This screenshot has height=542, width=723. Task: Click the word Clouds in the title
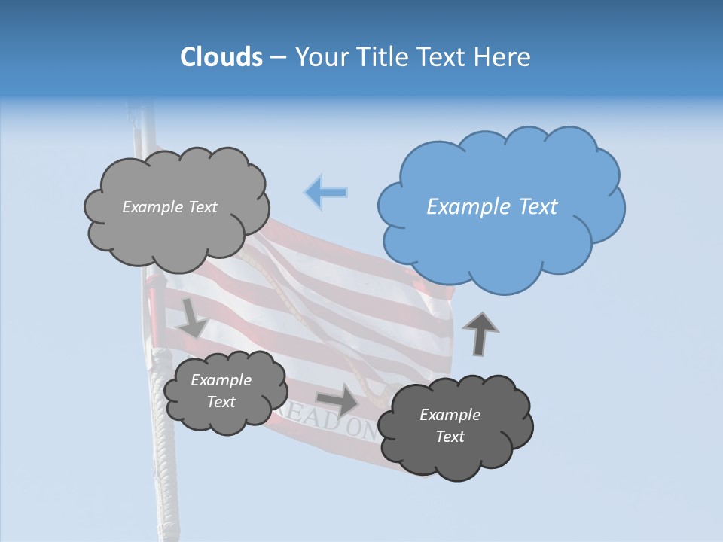click(x=221, y=56)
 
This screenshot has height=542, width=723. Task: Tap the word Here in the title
click(x=505, y=56)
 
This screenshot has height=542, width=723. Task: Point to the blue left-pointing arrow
click(x=326, y=192)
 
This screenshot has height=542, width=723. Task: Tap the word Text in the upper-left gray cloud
click(x=201, y=207)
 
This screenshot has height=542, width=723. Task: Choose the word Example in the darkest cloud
click(x=450, y=415)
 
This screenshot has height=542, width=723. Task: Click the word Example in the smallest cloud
click(x=221, y=380)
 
